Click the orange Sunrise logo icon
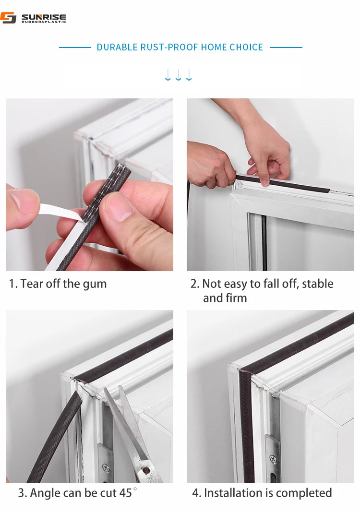click(8, 18)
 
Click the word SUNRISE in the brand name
click(44, 16)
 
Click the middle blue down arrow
click(179, 75)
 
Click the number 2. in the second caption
click(195, 284)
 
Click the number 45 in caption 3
click(125, 493)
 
